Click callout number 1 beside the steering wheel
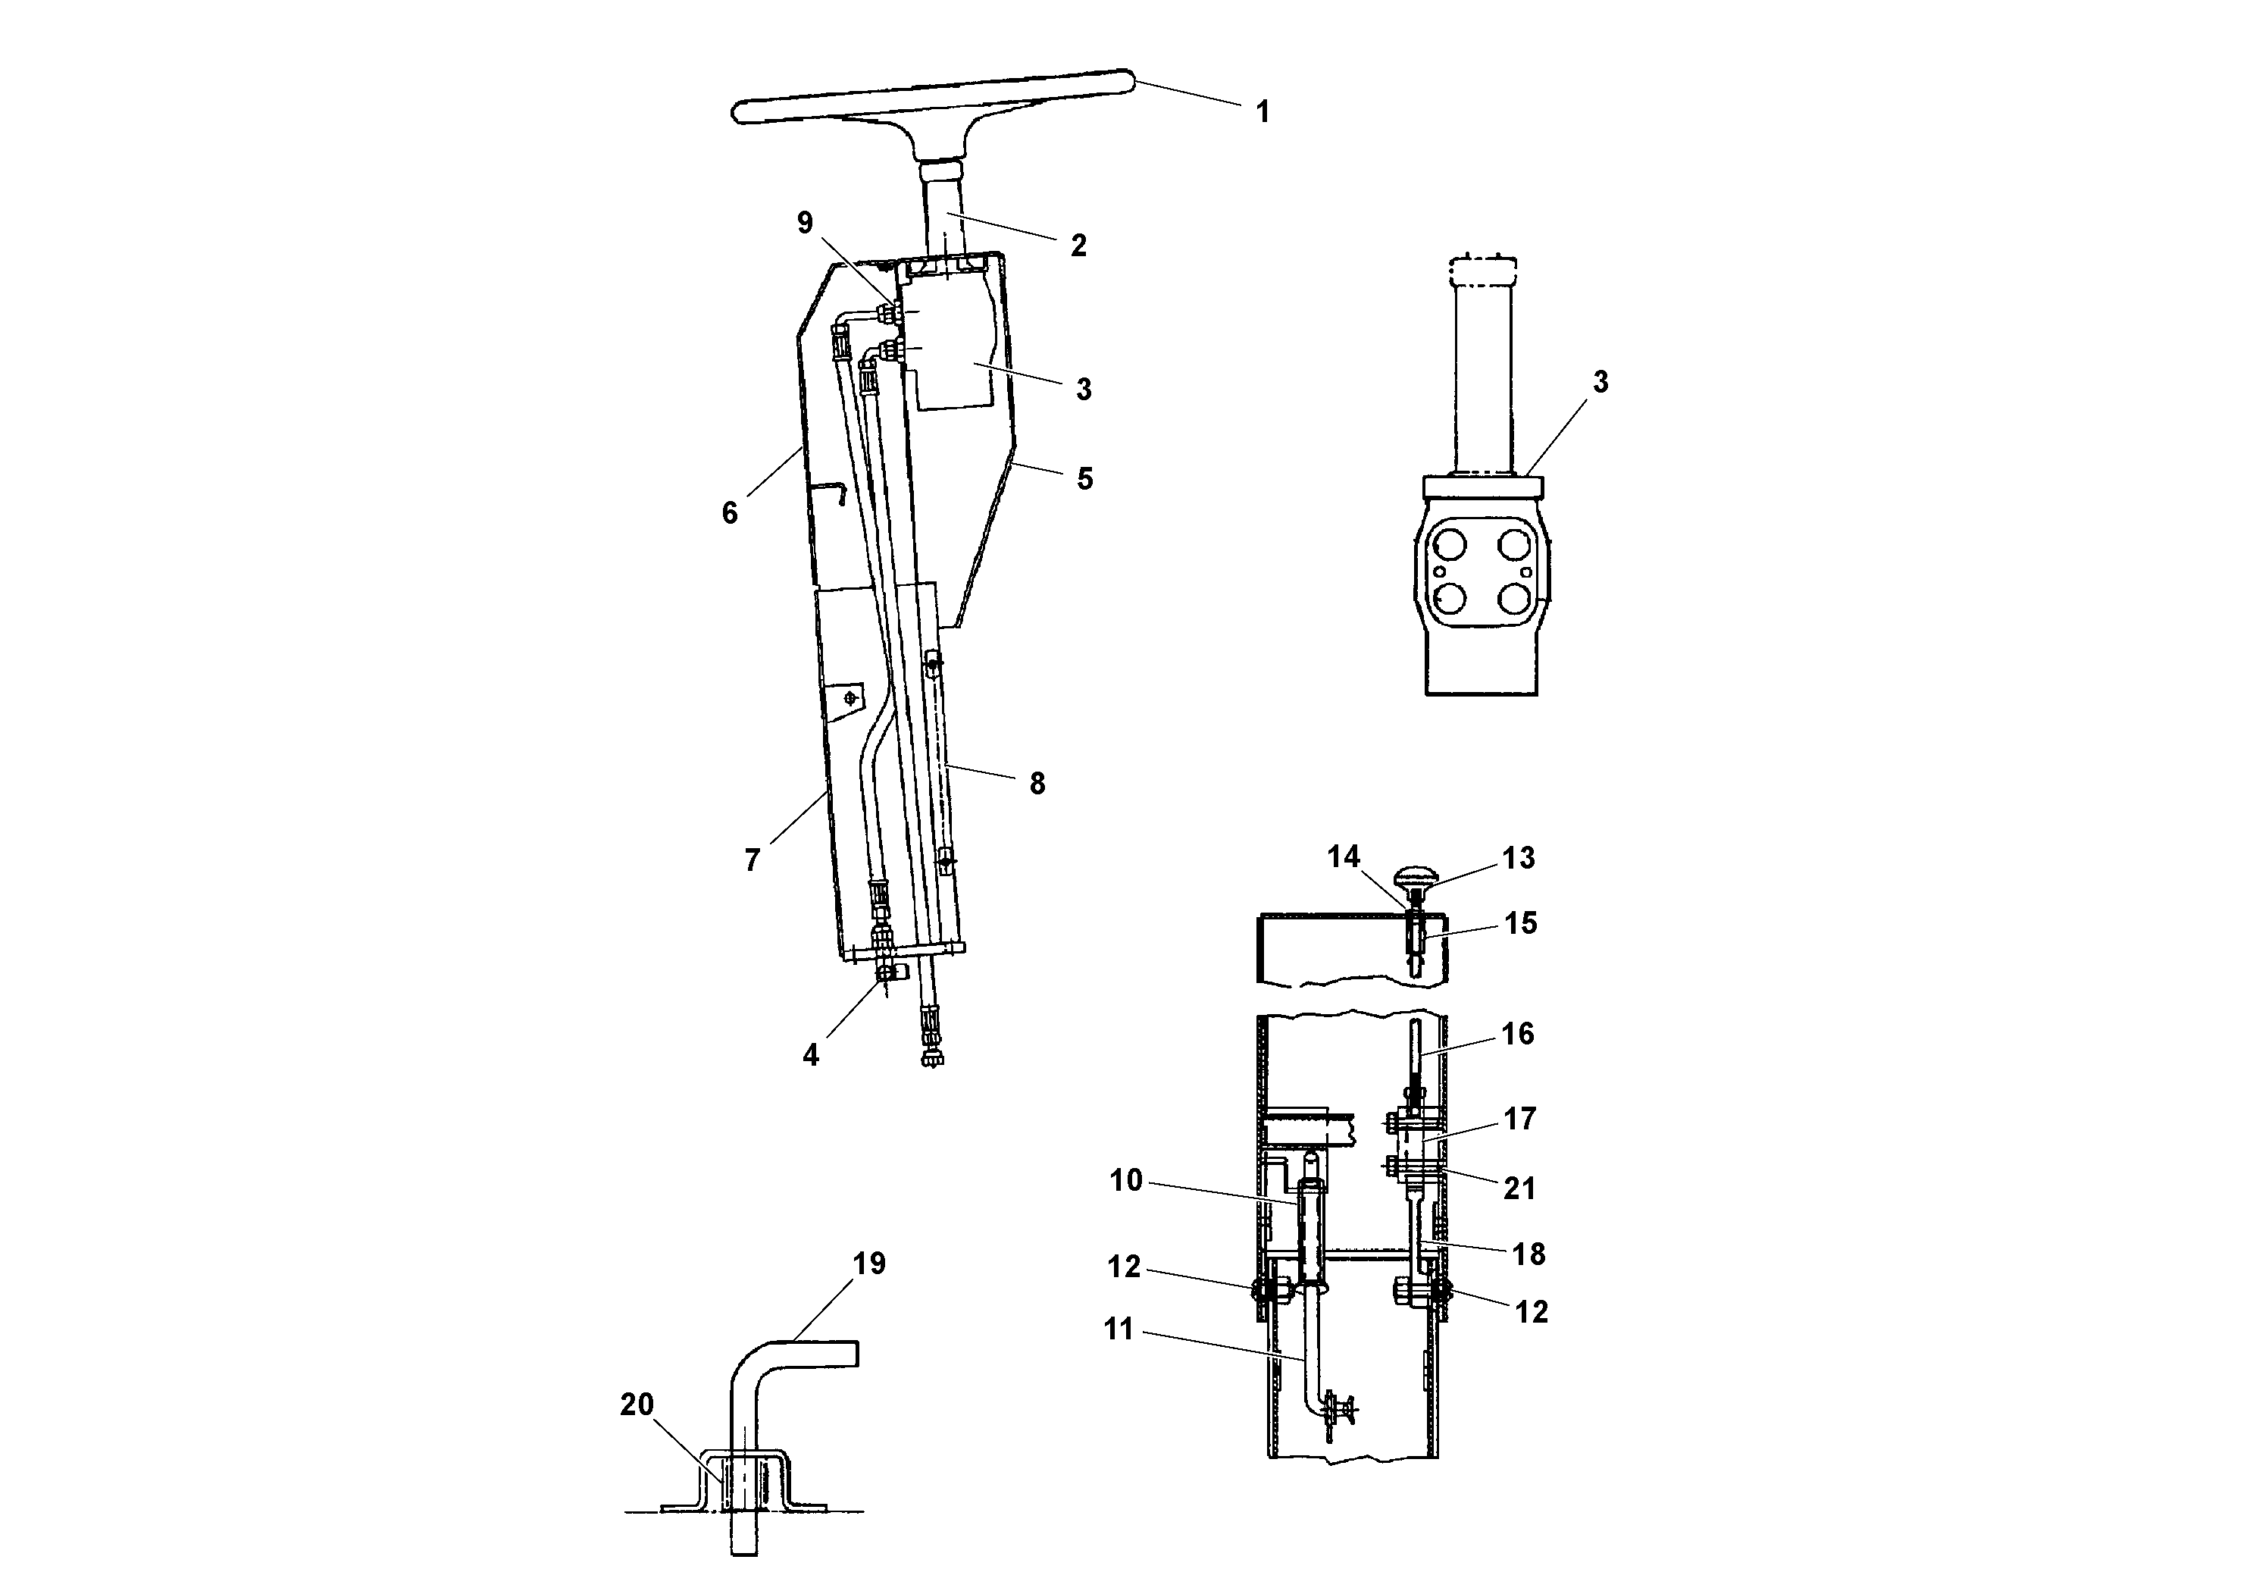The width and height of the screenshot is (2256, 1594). [x=1263, y=112]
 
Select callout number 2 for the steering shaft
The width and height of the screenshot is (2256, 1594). [x=1078, y=246]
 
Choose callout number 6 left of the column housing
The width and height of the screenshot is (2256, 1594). [x=729, y=512]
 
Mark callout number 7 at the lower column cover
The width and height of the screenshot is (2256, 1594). [x=752, y=860]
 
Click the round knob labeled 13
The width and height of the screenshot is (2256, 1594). [x=1415, y=872]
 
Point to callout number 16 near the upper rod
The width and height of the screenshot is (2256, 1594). [x=1517, y=1033]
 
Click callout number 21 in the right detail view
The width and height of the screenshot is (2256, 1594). [x=1519, y=1188]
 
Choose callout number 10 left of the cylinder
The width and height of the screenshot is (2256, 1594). [x=1126, y=1179]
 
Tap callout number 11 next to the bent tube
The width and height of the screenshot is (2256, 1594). [x=1119, y=1329]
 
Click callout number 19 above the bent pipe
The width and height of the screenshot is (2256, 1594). [x=868, y=1263]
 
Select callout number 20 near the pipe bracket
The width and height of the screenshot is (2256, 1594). [x=637, y=1405]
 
